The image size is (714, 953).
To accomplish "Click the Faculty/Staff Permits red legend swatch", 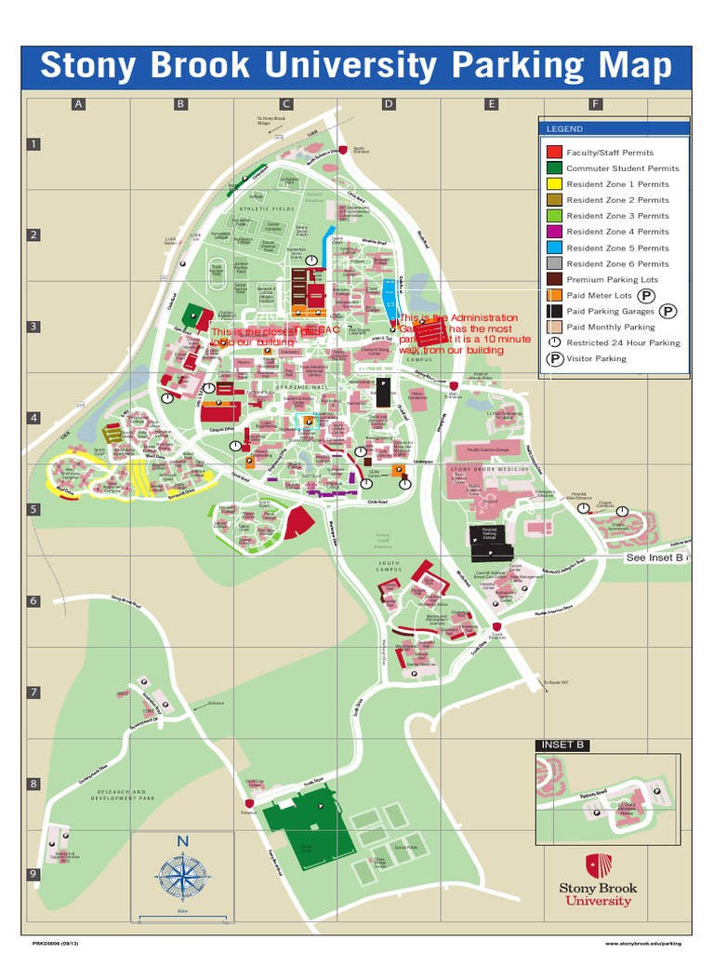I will coord(553,152).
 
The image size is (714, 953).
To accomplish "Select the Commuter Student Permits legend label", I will coord(623,168).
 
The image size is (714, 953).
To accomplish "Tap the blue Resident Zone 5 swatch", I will coord(553,248).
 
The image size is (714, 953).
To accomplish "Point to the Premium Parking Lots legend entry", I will coord(612,279).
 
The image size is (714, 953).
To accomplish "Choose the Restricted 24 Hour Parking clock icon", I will coord(553,342).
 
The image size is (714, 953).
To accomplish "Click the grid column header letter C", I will coord(287,104).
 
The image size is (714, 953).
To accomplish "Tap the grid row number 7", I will coord(33,692).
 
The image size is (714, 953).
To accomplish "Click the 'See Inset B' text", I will coord(654,557).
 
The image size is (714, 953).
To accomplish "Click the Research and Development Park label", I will coord(118,796).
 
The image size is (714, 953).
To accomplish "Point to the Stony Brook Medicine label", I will coord(489,469).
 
